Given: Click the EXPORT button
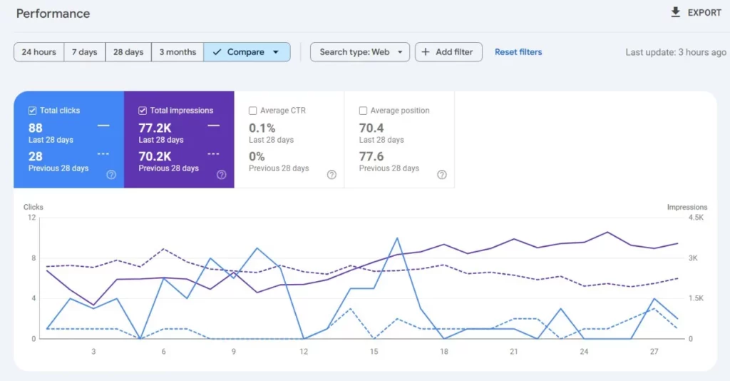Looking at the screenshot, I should coord(696,13).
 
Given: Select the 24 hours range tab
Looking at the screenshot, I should coord(38,52).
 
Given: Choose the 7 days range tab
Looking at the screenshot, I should coord(85,52).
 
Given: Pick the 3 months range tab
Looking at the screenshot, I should coord(178,52).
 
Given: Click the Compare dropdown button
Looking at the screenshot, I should coord(247,52).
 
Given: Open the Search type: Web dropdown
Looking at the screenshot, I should coord(360,52).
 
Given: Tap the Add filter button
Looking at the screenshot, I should coord(449,52).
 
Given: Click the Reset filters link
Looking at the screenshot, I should coord(518,52).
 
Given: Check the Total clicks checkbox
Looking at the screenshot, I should coord(33,111).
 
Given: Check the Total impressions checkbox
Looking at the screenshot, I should coord(143,111).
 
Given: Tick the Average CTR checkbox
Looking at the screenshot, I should coord(253,111).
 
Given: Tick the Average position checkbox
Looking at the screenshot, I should coord(364,111).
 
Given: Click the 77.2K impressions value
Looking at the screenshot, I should coord(154,128).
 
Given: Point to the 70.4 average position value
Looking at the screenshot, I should coord(371,128).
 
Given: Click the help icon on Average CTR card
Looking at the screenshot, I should coord(331,175).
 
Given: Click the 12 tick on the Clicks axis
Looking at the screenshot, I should coord(31,218).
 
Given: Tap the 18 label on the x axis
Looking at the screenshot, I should coord(443,352).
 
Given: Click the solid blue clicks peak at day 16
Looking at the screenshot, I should coord(396,238).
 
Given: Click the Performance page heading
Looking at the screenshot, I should coord(53,14).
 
